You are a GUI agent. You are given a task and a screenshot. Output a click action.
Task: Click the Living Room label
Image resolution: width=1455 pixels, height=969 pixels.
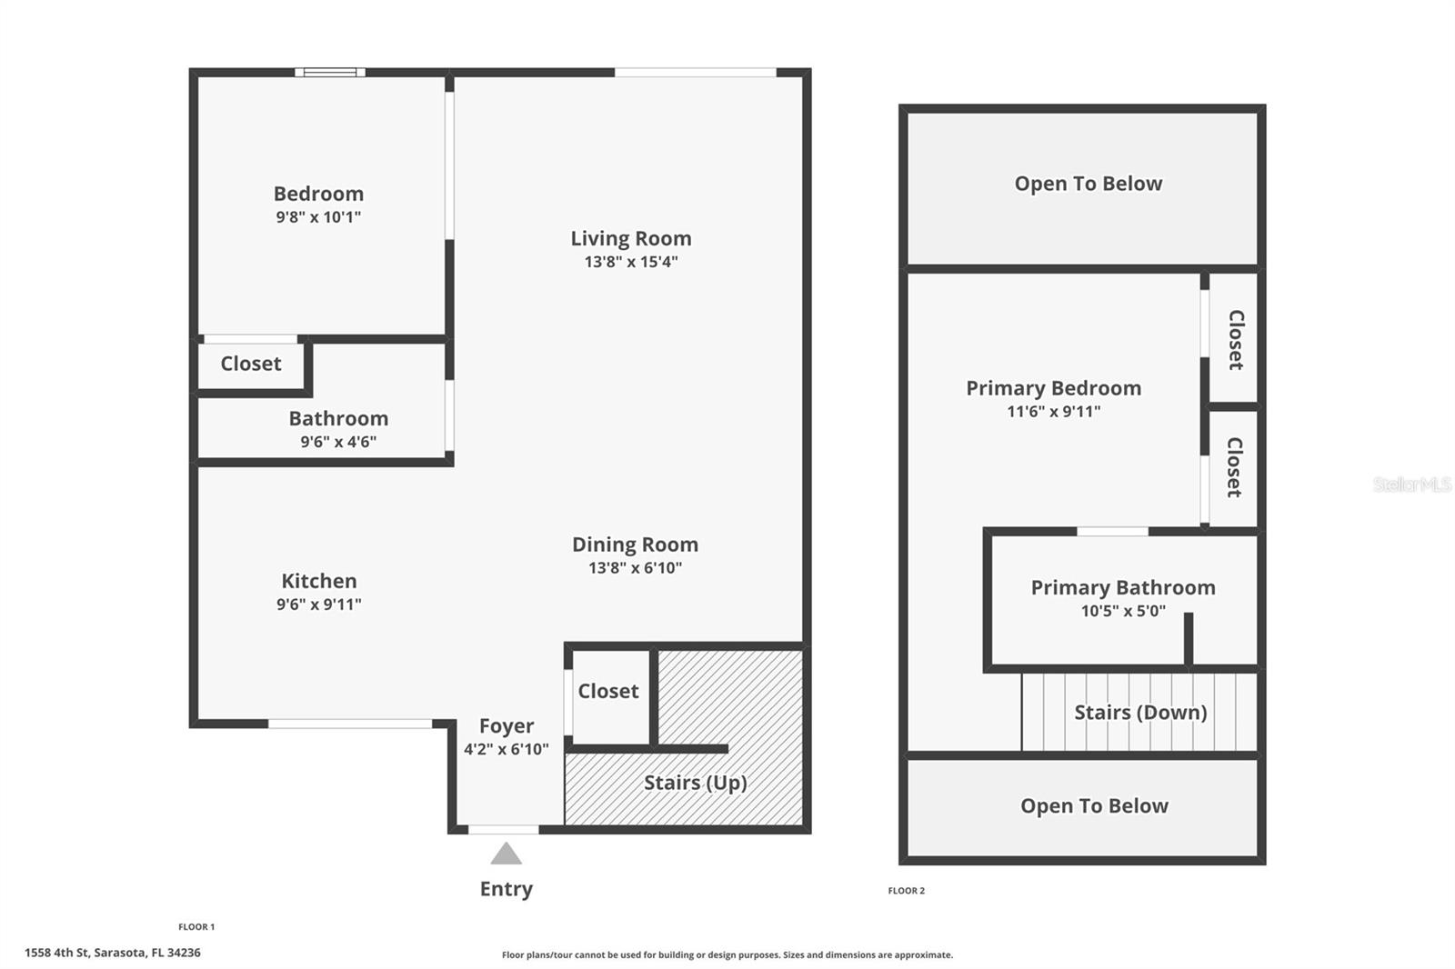[630, 238]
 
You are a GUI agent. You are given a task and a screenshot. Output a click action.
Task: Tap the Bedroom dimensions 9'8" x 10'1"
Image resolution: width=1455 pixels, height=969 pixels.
[318, 217]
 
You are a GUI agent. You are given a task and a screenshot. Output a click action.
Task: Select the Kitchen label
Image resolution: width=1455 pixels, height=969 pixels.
[318, 581]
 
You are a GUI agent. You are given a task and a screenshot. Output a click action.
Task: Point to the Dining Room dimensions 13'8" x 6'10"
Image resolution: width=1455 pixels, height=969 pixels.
[635, 568]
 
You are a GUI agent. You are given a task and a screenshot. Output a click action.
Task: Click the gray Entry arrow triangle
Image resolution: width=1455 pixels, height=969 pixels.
[506, 854]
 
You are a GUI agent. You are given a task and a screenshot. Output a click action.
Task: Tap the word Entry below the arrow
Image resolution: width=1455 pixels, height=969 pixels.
[506, 889]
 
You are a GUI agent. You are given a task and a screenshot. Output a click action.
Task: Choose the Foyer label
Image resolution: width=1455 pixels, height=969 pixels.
[507, 726]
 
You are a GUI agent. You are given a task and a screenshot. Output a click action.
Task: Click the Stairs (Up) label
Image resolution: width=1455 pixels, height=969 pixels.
[695, 783]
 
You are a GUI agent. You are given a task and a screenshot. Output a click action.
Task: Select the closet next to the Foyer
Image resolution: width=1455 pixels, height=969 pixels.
[608, 692]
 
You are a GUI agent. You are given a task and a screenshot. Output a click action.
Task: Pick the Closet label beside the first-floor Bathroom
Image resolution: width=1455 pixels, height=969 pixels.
[251, 364]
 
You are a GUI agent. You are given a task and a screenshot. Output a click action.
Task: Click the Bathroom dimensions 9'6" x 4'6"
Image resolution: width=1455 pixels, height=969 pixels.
[338, 442]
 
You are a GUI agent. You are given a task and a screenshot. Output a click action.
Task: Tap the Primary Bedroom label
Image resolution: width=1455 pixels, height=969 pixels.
[1053, 388]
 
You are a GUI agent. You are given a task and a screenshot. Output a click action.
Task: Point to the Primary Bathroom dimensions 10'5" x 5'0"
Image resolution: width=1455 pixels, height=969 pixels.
[1123, 611]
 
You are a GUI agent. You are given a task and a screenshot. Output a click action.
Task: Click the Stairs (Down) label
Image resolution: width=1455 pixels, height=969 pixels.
[1140, 712]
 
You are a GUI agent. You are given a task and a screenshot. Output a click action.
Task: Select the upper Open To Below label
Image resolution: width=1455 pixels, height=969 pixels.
[1088, 184]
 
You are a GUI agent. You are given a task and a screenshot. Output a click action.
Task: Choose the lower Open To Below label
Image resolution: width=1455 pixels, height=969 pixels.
[1094, 806]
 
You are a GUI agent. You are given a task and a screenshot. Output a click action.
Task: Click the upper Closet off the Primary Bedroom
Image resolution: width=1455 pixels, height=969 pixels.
[1235, 339]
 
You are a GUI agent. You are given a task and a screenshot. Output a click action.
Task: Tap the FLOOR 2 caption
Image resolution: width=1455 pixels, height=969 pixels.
[906, 891]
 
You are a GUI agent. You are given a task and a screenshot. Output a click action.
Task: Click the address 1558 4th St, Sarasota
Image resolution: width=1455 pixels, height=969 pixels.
[113, 953]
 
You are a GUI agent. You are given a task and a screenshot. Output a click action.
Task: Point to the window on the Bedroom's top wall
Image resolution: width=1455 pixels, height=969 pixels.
[329, 73]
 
